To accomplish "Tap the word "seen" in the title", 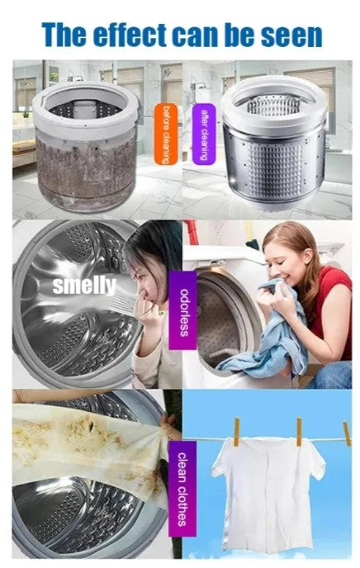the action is pyautogui.click(x=291, y=35).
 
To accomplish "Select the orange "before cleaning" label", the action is pyautogui.click(x=166, y=134).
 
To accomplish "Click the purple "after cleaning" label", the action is pyautogui.click(x=204, y=134).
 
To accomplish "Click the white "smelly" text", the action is pyautogui.click(x=84, y=286).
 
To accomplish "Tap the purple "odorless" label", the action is pyautogui.click(x=182, y=310).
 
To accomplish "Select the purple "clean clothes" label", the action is pyautogui.click(x=182, y=489).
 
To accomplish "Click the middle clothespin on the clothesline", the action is pyautogui.click(x=299, y=432).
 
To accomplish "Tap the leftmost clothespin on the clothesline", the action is pyautogui.click(x=236, y=432).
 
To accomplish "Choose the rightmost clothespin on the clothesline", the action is pyautogui.click(x=347, y=433).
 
